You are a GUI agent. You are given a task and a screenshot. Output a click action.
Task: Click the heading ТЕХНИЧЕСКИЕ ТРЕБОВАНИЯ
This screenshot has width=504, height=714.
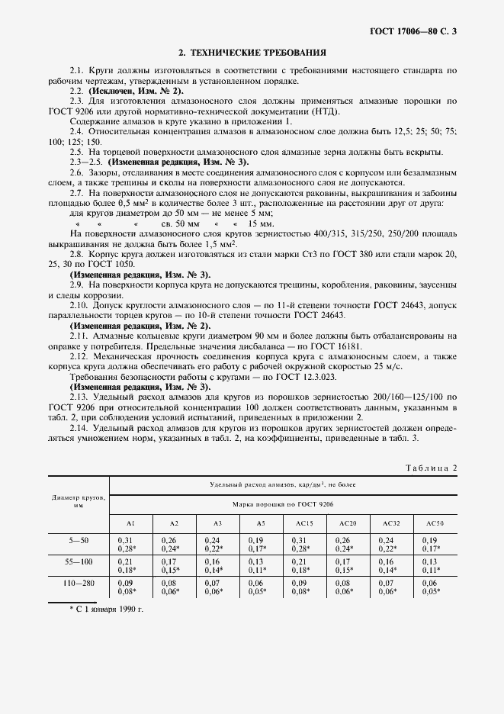(252, 53)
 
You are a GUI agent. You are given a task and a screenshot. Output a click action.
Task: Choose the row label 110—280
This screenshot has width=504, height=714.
(79, 583)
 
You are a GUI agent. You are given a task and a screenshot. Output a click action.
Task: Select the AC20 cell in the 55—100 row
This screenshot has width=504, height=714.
(348, 564)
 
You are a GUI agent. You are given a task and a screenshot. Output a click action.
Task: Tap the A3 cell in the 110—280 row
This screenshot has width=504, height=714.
(217, 587)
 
